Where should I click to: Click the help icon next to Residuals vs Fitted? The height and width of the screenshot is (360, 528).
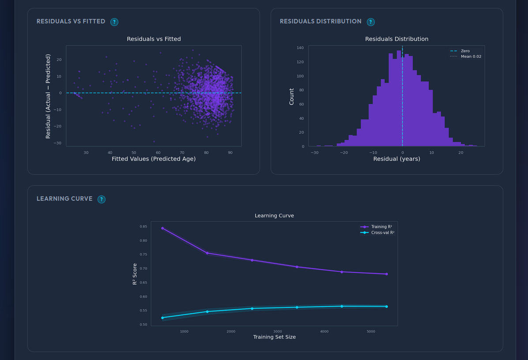tap(114, 22)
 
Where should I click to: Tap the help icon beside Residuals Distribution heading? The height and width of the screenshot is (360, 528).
tap(371, 22)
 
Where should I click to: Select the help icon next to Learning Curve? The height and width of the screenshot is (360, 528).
tap(102, 199)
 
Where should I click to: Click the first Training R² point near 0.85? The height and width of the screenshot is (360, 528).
tap(162, 228)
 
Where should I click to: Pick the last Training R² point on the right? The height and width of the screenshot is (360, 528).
tap(386, 274)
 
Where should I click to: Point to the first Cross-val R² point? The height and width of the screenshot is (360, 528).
tap(162, 318)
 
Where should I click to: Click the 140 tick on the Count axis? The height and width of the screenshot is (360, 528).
tap(300, 48)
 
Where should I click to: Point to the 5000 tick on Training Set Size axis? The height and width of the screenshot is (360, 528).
tap(371, 331)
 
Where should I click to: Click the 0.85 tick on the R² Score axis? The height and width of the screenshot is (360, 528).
tap(143, 227)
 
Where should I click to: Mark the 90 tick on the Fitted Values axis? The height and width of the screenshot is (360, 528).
tap(230, 153)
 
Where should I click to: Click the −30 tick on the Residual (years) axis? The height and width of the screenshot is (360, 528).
tap(314, 153)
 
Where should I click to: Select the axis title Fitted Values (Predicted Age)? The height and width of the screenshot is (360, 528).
tap(154, 159)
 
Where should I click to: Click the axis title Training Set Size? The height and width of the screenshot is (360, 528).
tap(274, 337)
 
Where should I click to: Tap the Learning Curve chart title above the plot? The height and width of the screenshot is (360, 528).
tap(274, 216)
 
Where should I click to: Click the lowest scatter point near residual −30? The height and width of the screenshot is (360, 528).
tap(154, 142)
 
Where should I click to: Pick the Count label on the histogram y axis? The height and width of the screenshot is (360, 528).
tap(291, 96)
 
